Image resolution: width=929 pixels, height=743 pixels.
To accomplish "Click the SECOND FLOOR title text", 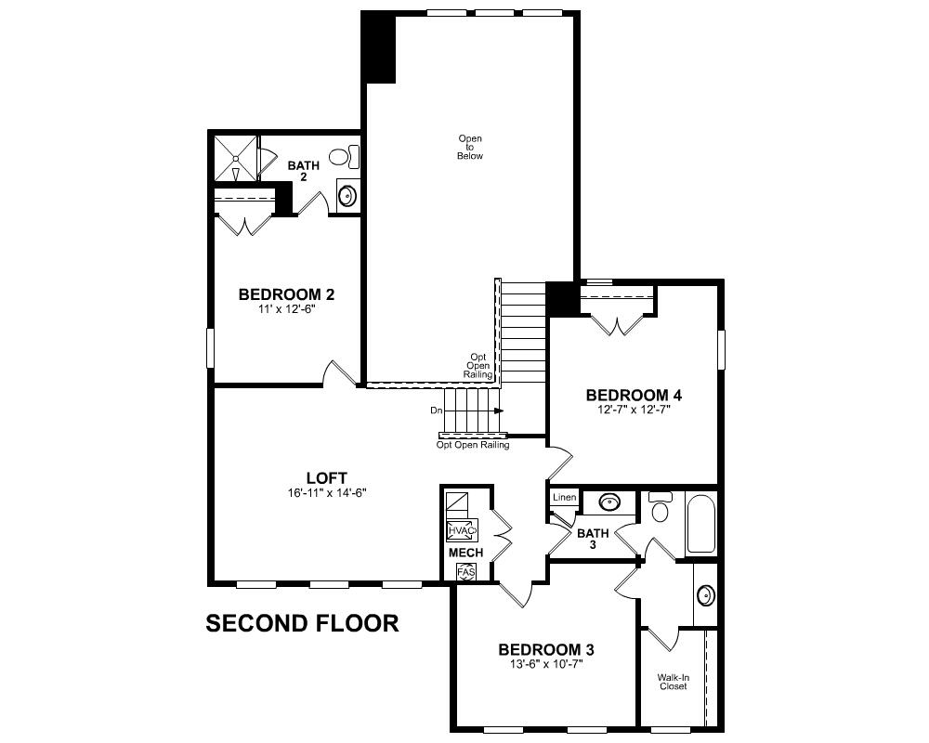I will click(302, 623).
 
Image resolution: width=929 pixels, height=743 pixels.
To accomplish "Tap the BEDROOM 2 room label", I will click(286, 294).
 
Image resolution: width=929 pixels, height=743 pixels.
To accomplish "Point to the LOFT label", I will click(327, 479).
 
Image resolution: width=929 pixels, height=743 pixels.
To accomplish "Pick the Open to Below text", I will click(470, 148).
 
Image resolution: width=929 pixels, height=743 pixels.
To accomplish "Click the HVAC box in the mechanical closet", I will click(462, 530).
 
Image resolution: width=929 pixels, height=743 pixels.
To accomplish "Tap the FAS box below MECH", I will click(465, 572).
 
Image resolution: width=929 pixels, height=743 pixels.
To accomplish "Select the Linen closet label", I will click(565, 498).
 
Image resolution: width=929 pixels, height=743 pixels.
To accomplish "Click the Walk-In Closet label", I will click(673, 682).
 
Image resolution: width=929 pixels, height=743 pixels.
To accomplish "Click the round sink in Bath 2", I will click(347, 196).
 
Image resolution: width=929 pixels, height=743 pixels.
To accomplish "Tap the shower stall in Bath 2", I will click(235, 159).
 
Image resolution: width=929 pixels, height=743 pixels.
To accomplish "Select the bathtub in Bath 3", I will click(700, 525).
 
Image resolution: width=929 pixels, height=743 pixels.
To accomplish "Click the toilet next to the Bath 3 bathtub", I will click(661, 508).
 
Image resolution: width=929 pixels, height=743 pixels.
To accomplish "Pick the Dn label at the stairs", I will click(436, 410).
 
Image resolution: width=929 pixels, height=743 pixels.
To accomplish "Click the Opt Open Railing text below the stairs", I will click(473, 445).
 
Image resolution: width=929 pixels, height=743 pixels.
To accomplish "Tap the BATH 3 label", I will click(593, 539).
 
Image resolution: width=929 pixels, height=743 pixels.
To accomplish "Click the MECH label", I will click(465, 553).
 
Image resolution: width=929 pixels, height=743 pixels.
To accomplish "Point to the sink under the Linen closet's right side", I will click(609, 503).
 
